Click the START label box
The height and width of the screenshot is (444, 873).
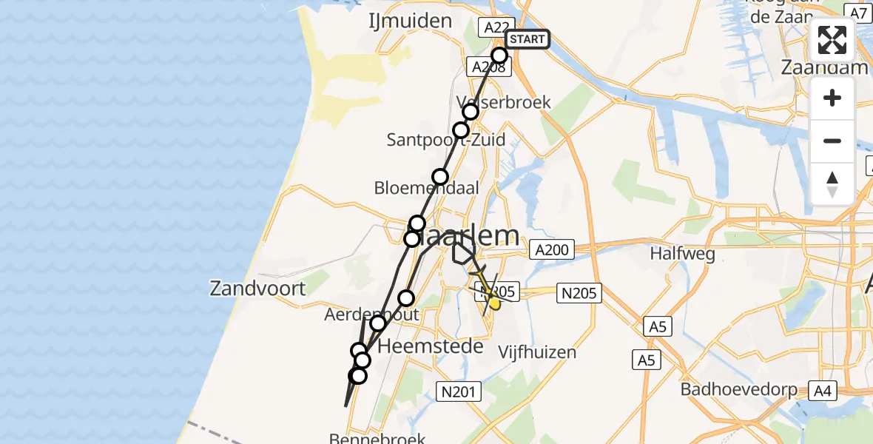coord(527,39)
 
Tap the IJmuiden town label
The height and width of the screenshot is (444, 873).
coord(411,21)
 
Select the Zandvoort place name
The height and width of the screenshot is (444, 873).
coord(257,288)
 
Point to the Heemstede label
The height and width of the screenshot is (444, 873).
coord(431,346)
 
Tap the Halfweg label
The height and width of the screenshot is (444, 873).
coord(682,254)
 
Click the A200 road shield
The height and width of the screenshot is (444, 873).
coord(550,250)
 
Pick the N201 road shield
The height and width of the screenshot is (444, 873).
coord(459,391)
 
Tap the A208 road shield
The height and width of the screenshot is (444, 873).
coord(488,67)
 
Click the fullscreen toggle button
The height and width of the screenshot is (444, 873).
coord(832,40)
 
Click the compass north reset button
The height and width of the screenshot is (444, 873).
coord(832,184)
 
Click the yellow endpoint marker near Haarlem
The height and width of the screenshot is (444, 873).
coord(494,303)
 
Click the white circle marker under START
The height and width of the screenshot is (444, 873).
coord(499,55)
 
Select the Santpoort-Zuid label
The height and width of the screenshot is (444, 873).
coord(446,140)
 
